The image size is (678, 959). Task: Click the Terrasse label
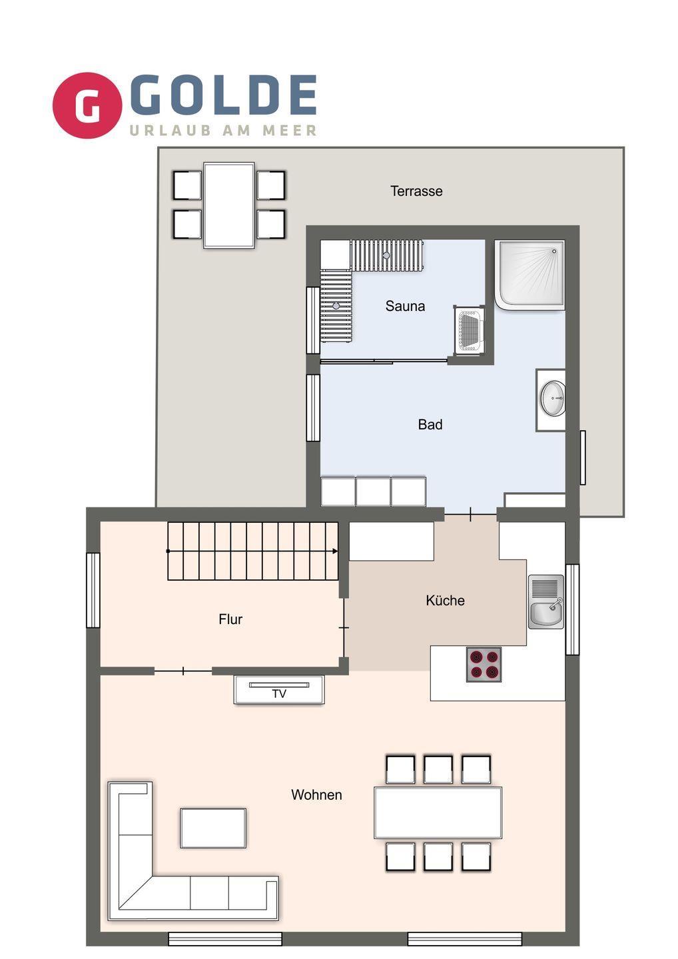click(416, 191)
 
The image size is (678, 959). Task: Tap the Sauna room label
click(405, 306)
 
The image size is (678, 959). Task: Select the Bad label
click(430, 424)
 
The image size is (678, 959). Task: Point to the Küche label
click(445, 600)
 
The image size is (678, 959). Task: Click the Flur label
click(230, 619)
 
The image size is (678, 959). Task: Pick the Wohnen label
click(316, 795)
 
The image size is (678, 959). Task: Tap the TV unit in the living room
click(279, 689)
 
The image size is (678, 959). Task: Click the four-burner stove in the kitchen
click(484, 664)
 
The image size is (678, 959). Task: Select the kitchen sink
click(545, 601)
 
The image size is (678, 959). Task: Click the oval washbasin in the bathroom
click(553, 398)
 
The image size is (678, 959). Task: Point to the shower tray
click(529, 275)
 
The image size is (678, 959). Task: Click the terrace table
click(229, 205)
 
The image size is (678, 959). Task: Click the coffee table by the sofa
click(213, 828)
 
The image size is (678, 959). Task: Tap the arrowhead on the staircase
click(335, 551)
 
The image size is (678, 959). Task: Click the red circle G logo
click(87, 105)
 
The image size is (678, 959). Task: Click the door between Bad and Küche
click(470, 513)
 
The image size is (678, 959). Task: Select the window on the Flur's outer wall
click(93, 590)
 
